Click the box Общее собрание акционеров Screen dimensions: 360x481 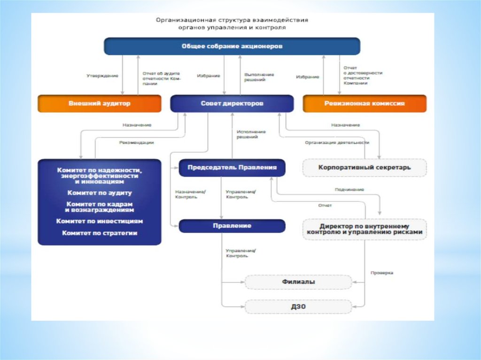[x=232, y=46]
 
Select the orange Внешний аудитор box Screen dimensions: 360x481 [x=100, y=103]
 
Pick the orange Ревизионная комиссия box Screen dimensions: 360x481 [x=365, y=103]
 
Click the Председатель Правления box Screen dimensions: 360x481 [x=232, y=168]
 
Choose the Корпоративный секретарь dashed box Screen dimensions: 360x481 [x=365, y=168]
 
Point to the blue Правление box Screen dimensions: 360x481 [x=232, y=226]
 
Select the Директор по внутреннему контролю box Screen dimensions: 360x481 [x=365, y=229]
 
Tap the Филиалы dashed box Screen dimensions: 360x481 [x=298, y=282]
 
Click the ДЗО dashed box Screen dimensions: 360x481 [x=298, y=307]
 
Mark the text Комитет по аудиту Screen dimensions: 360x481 [x=100, y=192]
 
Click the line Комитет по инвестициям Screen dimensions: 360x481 [x=100, y=221]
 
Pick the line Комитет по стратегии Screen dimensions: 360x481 [x=100, y=233]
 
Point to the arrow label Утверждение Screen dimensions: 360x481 [x=102, y=76]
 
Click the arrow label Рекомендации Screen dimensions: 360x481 [x=136, y=142]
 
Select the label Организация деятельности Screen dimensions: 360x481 [x=337, y=142]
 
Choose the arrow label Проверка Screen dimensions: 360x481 [x=381, y=273]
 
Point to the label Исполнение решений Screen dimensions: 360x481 [x=251, y=134]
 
